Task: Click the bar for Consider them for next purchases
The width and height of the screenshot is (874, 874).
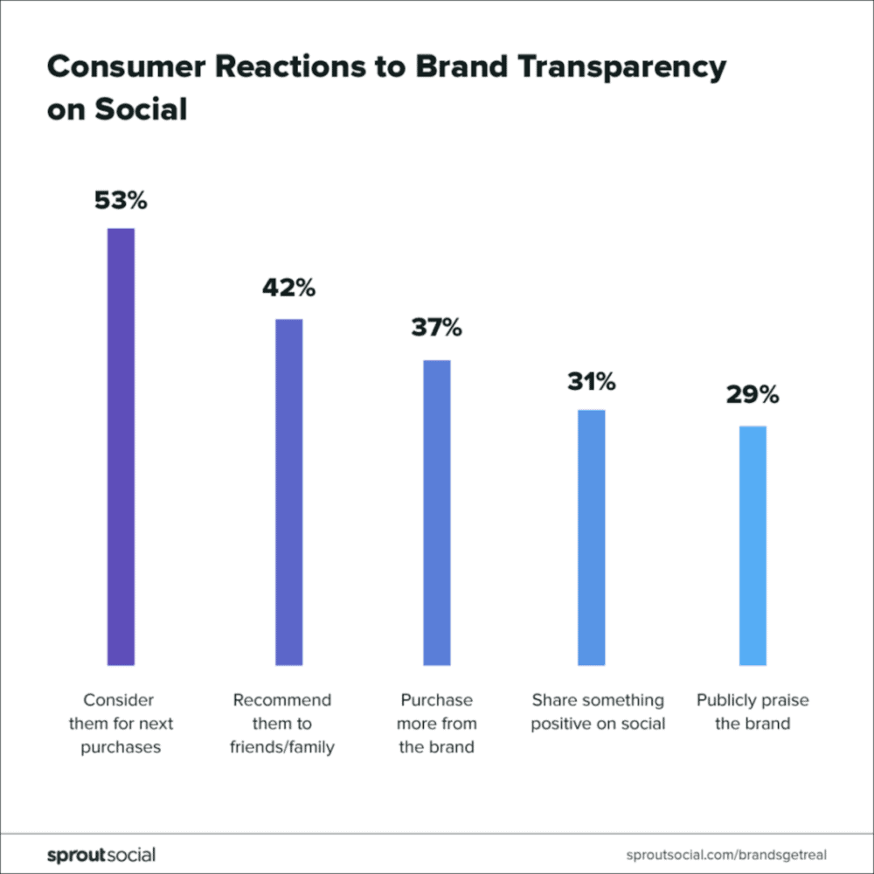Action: pos(121,447)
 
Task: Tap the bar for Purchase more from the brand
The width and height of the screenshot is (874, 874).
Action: pos(437,512)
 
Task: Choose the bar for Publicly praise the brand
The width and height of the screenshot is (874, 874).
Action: pos(753,545)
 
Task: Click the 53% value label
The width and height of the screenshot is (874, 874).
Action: pos(121,201)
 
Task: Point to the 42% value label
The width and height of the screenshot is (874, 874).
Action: pos(288,288)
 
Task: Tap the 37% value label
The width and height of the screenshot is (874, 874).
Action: pos(437,329)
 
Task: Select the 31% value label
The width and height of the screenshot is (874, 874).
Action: pos(591,382)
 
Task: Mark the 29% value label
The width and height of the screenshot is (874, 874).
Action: pos(753,395)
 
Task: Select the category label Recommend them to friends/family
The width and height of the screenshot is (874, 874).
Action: pos(282,724)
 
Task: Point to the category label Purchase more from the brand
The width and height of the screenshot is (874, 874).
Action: pos(436,724)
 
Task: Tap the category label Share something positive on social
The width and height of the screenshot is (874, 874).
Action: pos(598,711)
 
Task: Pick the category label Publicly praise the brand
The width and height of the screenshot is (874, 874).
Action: pos(753,711)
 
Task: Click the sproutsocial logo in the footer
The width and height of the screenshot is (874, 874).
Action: pos(101,854)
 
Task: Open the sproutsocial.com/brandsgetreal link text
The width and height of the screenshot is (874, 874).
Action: pos(726,854)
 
